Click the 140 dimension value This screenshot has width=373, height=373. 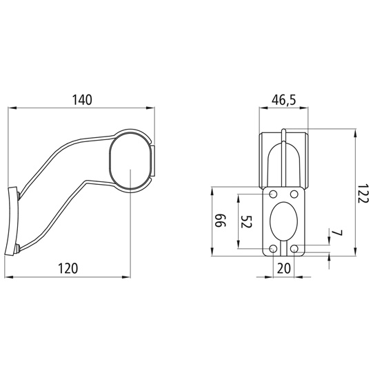(x=82, y=100)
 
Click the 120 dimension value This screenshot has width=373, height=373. (x=68, y=269)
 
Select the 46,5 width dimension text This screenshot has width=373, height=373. (x=284, y=100)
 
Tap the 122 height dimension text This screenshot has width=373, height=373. (x=363, y=193)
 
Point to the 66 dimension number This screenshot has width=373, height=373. (x=221, y=221)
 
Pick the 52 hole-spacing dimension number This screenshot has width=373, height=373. (x=246, y=222)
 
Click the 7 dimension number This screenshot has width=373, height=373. (x=337, y=233)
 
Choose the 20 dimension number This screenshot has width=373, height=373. (x=284, y=268)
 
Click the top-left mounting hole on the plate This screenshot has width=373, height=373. (x=273, y=194)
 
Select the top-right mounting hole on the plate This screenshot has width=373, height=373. (x=294, y=194)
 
